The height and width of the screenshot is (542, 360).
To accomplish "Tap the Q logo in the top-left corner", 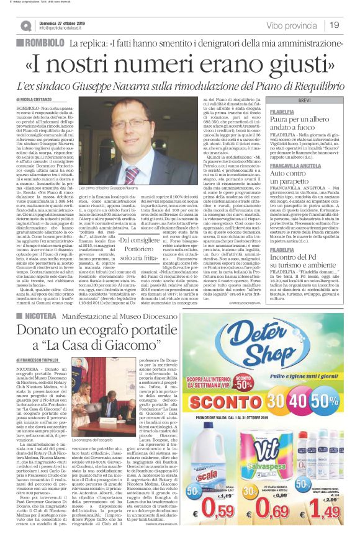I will coord(25,25).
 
